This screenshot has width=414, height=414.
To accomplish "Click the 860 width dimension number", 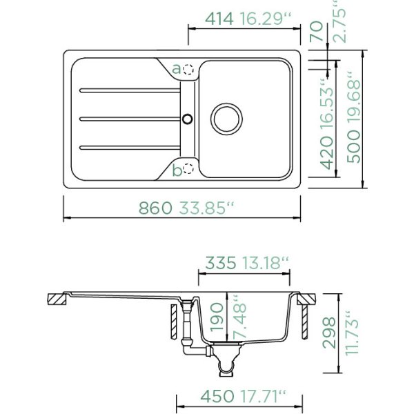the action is (x=155, y=208).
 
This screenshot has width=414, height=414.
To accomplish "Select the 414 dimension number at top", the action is (x=219, y=19).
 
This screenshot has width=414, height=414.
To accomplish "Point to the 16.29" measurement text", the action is (x=265, y=19).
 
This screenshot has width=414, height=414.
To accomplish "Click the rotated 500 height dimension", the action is (x=354, y=147).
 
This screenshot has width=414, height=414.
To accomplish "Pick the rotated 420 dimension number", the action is (x=326, y=153).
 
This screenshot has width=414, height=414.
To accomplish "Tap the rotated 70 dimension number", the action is (x=317, y=32).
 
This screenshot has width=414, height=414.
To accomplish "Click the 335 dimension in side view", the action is (x=221, y=263).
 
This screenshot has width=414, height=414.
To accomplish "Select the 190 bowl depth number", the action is (x=217, y=317).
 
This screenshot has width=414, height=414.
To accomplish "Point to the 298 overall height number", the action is (x=329, y=333).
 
